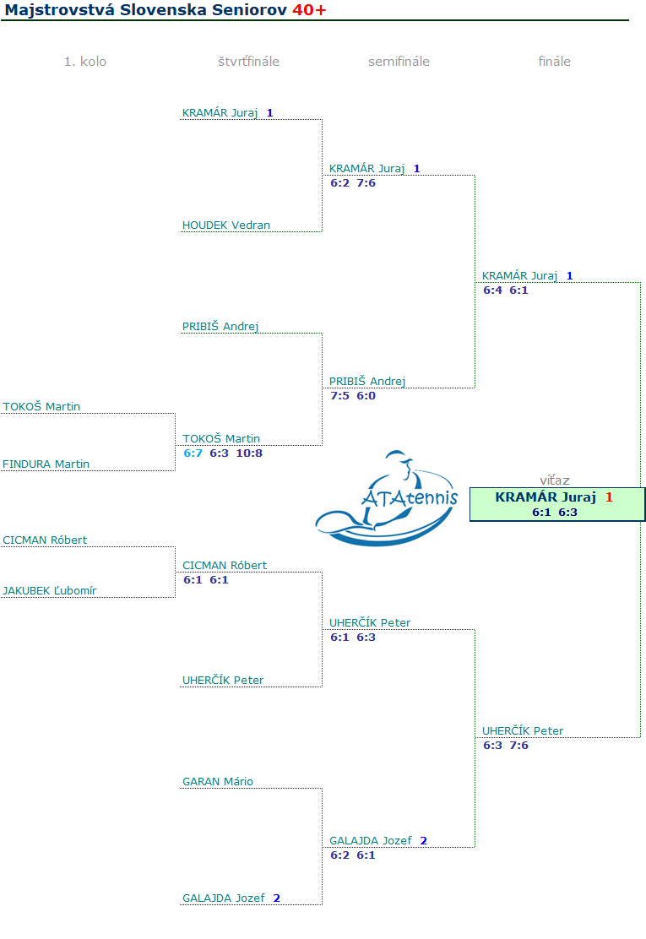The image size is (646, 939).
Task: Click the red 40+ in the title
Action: click(x=309, y=10)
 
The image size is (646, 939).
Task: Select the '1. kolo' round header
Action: click(x=85, y=62)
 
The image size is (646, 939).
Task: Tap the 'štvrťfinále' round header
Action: click(x=248, y=62)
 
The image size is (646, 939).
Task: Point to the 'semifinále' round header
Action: click(x=399, y=62)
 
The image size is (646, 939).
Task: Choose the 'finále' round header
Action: click(x=555, y=62)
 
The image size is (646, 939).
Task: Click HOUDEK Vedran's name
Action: click(x=226, y=225)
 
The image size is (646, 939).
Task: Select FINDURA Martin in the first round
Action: click(x=46, y=464)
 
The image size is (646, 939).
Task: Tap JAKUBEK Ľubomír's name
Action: click(x=50, y=591)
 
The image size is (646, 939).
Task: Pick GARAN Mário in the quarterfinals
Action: click(x=218, y=782)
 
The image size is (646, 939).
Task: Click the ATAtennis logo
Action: click(x=387, y=498)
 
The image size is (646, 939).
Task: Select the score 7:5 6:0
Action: click(x=353, y=396)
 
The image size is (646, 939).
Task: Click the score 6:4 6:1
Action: click(x=506, y=290)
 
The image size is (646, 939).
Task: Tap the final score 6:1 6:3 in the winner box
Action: click(x=555, y=512)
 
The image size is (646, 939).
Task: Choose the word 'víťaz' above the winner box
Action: click(x=555, y=480)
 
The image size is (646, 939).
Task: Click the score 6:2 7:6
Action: click(x=353, y=183)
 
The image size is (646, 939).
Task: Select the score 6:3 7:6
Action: click(x=506, y=746)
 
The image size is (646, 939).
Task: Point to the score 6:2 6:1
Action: click(x=353, y=855)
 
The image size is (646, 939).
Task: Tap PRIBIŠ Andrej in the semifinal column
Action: click(x=367, y=382)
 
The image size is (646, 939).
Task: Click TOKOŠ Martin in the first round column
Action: click(x=42, y=407)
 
